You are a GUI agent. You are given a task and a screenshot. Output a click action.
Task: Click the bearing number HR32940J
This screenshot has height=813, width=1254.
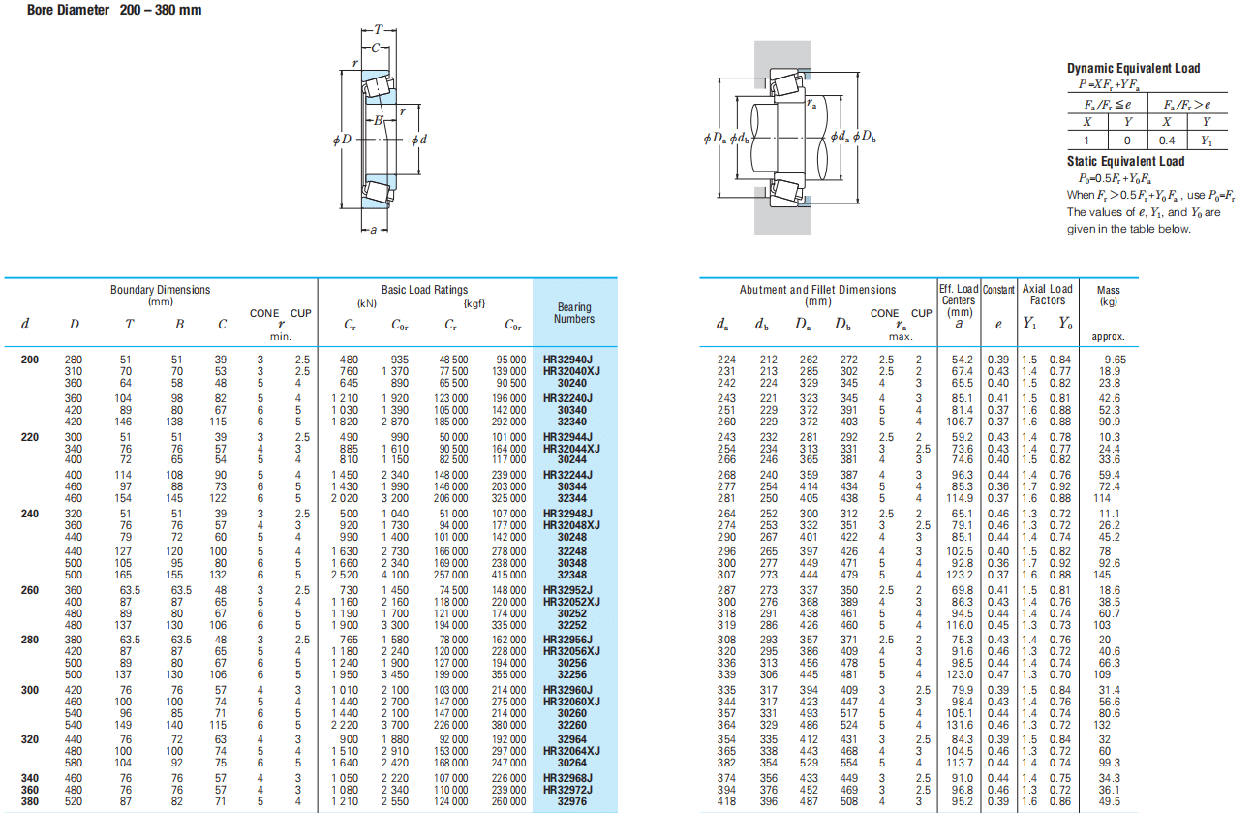pyautogui.click(x=567, y=360)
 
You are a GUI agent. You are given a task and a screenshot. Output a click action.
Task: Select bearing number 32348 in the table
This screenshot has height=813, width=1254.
pyautogui.click(x=571, y=575)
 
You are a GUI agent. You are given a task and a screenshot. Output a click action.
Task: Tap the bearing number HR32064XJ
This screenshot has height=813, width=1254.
pyautogui.click(x=571, y=751)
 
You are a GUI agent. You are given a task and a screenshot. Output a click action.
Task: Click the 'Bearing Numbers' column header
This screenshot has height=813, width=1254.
pyautogui.click(x=574, y=313)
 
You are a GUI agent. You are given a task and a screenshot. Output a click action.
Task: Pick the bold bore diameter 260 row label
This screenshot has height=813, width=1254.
pyautogui.click(x=30, y=590)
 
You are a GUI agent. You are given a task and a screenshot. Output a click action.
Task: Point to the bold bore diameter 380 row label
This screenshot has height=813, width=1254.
pyautogui.click(x=30, y=801)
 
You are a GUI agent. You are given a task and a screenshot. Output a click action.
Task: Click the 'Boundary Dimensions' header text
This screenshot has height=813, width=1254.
pyautogui.click(x=160, y=290)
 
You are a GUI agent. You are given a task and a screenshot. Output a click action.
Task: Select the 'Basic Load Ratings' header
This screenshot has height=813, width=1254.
pyautogui.click(x=424, y=290)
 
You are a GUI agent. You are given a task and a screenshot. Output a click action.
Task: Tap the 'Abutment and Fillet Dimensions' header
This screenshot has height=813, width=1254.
pyautogui.click(x=817, y=290)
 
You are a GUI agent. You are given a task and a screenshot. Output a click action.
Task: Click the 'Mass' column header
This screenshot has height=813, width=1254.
pyautogui.click(x=1108, y=291)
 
